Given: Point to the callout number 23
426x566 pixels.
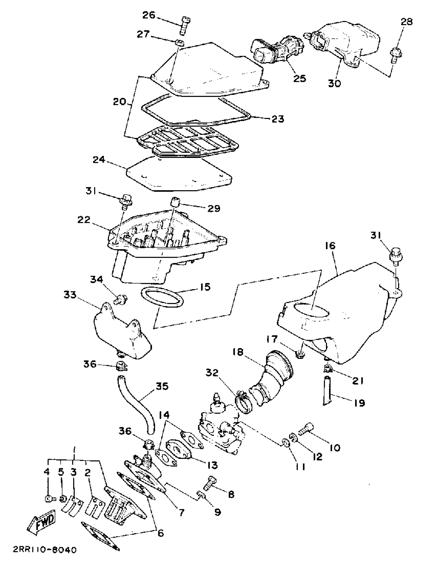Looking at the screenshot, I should [278, 119].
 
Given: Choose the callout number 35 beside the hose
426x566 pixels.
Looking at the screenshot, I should [162, 386].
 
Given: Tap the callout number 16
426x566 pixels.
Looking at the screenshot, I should [330, 246].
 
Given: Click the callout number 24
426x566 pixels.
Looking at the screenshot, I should [98, 160].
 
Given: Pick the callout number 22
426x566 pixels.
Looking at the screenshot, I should [84, 220].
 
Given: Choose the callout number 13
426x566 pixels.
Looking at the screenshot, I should [212, 465].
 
